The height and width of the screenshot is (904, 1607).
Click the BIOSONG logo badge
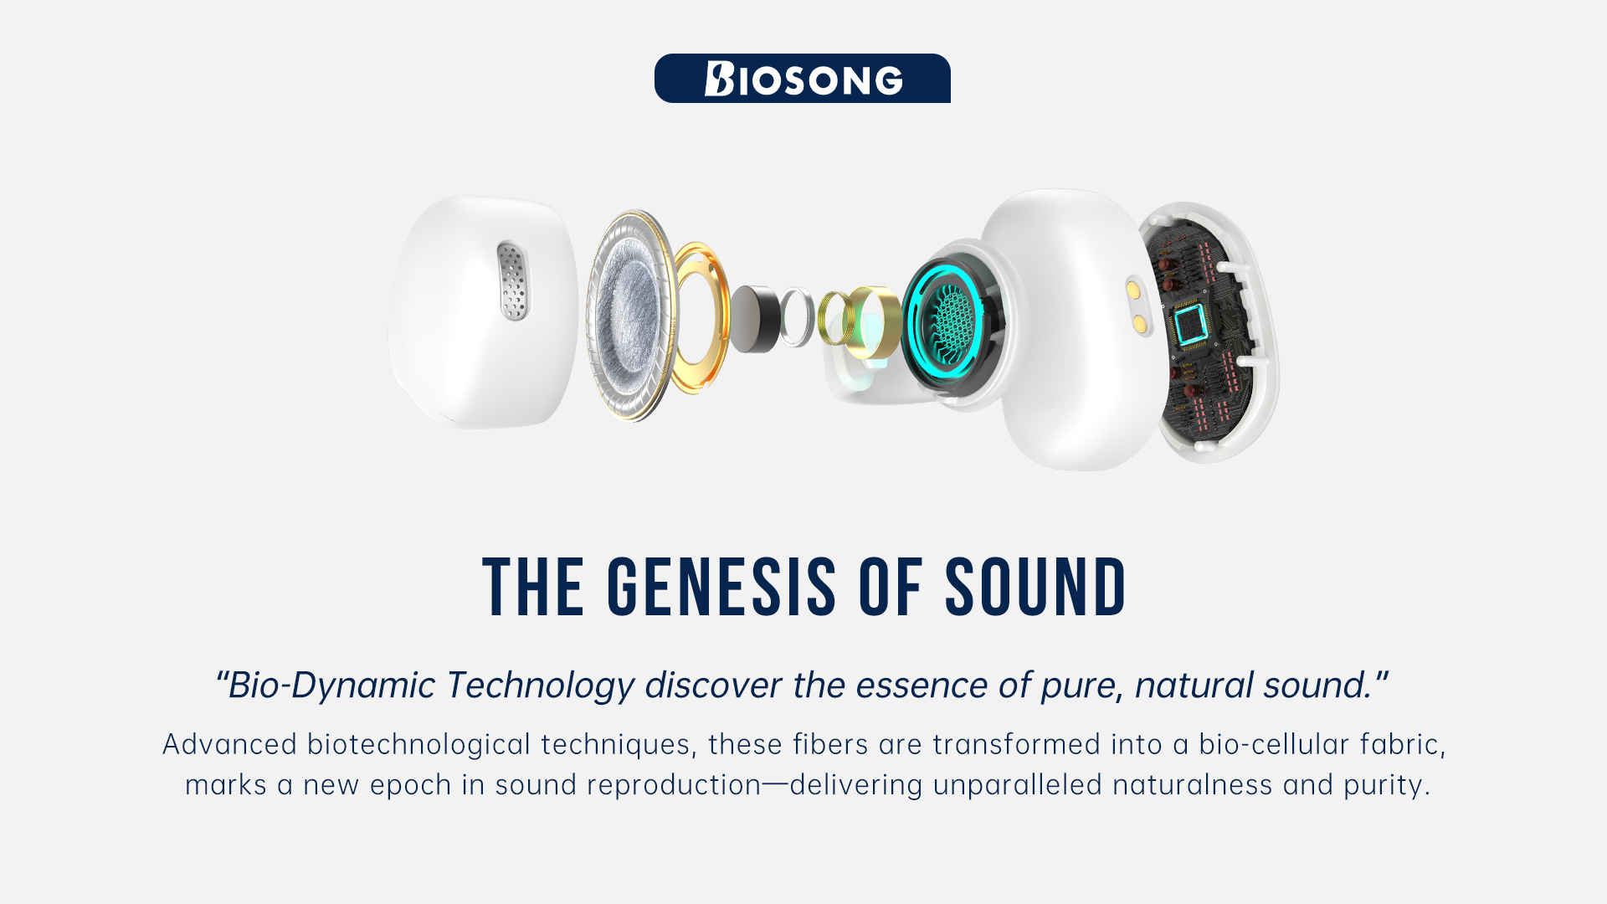point(802,78)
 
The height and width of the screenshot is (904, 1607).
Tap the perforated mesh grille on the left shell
point(513,281)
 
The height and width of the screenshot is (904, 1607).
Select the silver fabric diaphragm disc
point(630,315)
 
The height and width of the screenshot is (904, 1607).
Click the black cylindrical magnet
point(755,318)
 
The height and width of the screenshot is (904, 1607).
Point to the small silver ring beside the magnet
point(797,317)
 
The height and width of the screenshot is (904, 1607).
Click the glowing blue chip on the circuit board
point(1191,324)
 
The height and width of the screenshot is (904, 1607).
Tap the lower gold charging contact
point(1139,323)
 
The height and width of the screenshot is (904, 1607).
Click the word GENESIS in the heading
point(721,588)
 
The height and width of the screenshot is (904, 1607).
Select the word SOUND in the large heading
point(1036,588)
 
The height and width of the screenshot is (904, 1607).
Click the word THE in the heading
point(533,588)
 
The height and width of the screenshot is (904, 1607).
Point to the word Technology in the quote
point(540,686)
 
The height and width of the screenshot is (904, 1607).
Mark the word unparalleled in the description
point(1018,785)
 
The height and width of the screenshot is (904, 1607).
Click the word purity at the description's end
point(1383,785)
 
